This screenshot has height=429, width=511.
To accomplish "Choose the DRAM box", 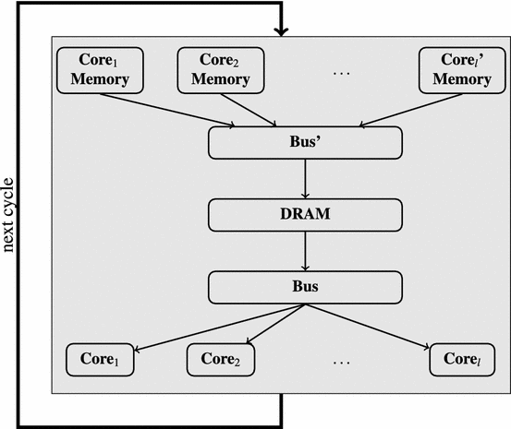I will click(305, 215).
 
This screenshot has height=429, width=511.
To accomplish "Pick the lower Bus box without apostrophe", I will click(305, 286).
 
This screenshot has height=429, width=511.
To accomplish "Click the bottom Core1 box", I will click(99, 359).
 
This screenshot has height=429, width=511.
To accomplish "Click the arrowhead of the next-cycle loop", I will click(281, 33).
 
